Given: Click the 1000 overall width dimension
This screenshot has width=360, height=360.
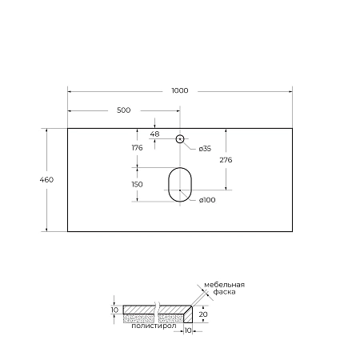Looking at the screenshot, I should [x=180, y=90].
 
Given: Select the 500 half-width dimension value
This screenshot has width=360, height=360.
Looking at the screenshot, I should [x=124, y=110].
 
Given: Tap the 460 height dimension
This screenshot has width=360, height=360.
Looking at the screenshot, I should [x=46, y=180].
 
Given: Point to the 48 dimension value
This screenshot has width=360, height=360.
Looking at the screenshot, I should [x=155, y=134].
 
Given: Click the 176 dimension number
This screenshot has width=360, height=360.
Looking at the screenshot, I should [x=137, y=148].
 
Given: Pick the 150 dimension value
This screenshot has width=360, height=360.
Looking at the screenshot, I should [x=137, y=184].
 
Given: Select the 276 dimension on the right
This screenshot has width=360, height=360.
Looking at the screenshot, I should [x=226, y=160].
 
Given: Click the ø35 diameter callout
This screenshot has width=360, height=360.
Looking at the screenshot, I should [x=205, y=149].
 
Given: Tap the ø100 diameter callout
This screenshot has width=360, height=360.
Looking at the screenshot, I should [x=208, y=201].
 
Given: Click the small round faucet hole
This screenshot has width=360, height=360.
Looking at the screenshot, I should [x=181, y=139].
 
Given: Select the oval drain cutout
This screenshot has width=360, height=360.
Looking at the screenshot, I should [x=180, y=183].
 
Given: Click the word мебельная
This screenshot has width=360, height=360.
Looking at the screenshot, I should [x=223, y=285].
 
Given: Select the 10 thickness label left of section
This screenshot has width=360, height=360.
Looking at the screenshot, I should [x=114, y=309].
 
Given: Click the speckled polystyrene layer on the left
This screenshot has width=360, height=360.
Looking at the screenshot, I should [x=140, y=318].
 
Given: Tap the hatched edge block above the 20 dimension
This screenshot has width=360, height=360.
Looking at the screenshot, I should [x=189, y=314].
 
